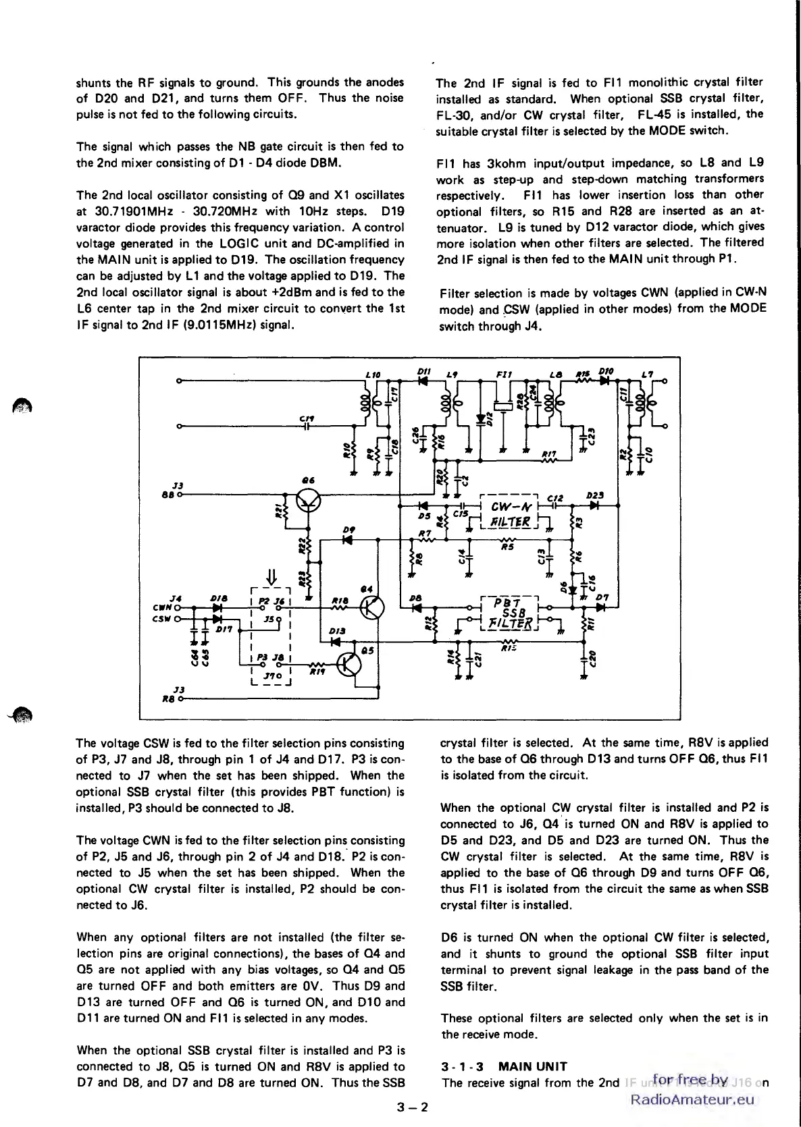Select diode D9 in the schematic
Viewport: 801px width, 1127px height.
point(348,539)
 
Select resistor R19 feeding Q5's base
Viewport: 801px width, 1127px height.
point(315,665)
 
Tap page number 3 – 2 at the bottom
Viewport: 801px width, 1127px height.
point(413,1107)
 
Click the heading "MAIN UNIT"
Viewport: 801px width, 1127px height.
point(532,1066)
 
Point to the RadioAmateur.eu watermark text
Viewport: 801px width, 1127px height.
point(692,1099)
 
